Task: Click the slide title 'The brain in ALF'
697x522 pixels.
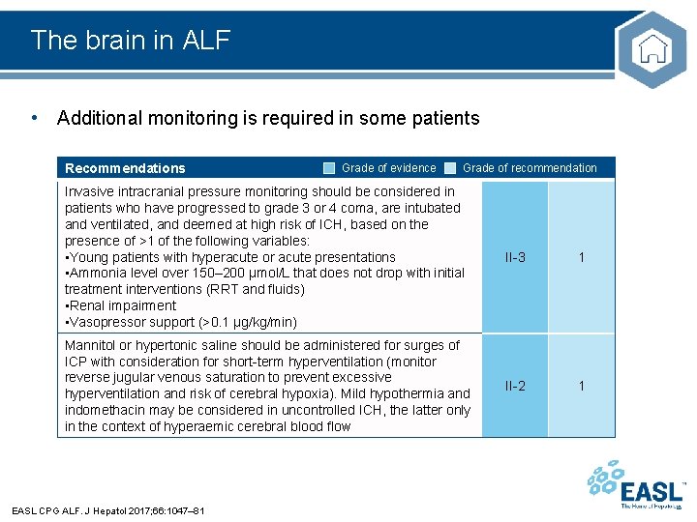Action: (131, 40)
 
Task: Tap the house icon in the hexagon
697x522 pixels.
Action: (652, 49)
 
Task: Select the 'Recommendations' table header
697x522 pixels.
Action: (125, 168)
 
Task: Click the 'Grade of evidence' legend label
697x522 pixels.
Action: (388, 168)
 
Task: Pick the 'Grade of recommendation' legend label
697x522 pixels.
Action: (530, 168)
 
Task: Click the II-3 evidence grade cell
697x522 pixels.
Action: (515, 257)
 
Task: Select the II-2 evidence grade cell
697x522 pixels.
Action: (515, 386)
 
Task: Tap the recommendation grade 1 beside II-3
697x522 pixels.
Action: (582, 257)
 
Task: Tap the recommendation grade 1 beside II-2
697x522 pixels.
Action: (582, 386)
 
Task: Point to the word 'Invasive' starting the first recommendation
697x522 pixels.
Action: (89, 191)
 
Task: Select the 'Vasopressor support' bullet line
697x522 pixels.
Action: (180, 322)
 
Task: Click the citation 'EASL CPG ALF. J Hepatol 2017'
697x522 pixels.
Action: (107, 509)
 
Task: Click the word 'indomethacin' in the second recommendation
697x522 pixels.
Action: (106, 410)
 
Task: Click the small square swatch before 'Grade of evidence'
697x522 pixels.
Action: (329, 168)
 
